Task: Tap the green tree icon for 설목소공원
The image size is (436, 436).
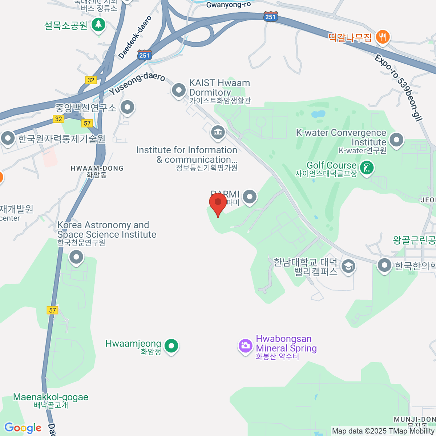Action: coord(98,25)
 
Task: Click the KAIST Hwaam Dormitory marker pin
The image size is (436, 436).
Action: coord(178,90)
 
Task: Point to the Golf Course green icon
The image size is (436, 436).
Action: coord(367,168)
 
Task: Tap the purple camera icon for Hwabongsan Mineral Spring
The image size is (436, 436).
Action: coord(245,345)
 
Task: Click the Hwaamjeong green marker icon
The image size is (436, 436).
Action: coord(171,345)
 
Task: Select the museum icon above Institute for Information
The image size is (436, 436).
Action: coord(218,132)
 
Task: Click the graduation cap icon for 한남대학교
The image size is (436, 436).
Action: coord(348,267)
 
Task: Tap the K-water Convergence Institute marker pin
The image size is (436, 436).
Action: coord(396,140)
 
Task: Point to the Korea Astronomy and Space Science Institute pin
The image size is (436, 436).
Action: coord(76,257)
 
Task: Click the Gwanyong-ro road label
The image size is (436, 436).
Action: coord(228,5)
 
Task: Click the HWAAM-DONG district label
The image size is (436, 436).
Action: coord(97,168)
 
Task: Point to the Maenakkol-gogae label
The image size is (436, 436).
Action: coord(51,397)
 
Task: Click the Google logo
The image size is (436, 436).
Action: coord(23,428)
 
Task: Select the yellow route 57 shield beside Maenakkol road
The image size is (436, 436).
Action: coord(53,310)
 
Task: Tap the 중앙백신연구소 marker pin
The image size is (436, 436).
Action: coord(127,107)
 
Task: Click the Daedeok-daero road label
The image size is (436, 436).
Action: coord(135,37)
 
